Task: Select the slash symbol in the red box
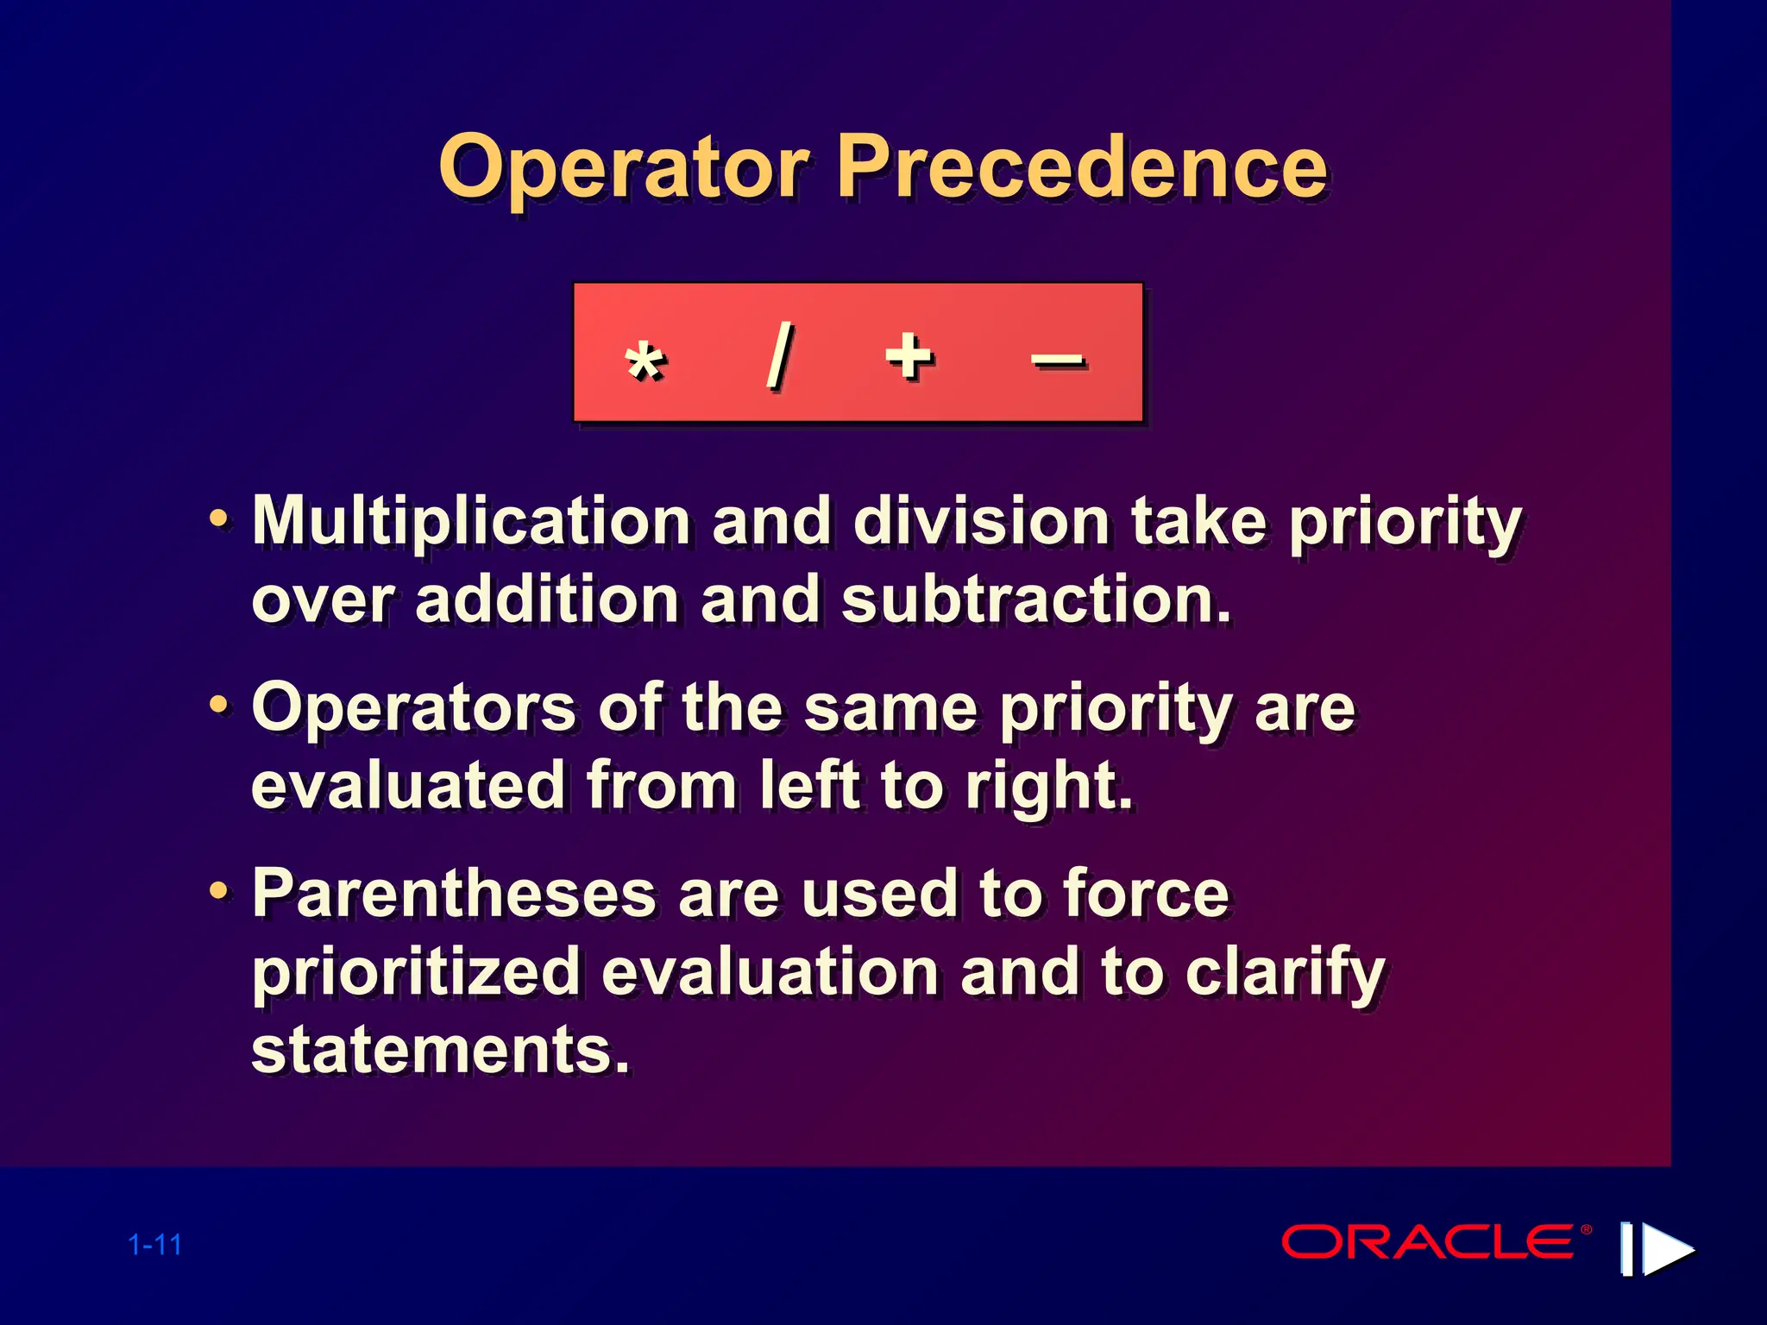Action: point(780,355)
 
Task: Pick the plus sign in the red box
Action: point(909,355)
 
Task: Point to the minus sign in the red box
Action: point(1058,360)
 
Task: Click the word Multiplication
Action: point(471,522)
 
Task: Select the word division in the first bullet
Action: point(981,522)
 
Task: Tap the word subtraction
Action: point(1035,600)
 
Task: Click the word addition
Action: point(547,600)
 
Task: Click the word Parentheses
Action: point(454,894)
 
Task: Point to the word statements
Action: point(440,1050)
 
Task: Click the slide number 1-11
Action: point(155,1245)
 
